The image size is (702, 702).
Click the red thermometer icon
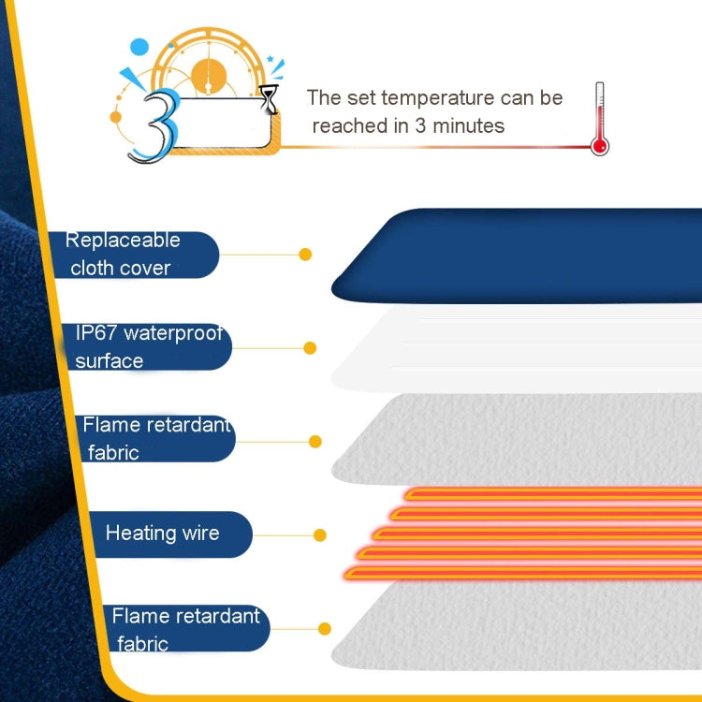[x=599, y=120]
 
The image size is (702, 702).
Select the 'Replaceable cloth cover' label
[x=131, y=255]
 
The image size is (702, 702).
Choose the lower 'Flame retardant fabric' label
[x=183, y=629]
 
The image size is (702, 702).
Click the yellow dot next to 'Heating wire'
[x=320, y=535]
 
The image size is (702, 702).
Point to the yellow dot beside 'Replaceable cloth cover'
[x=304, y=254]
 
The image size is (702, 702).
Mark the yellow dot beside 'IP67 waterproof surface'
[x=310, y=348]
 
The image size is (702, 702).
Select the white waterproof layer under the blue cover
[x=524, y=351]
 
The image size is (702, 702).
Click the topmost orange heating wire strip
[x=552, y=493]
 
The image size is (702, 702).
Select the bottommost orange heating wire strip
[x=524, y=571]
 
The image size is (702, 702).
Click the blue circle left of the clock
[x=139, y=46]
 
